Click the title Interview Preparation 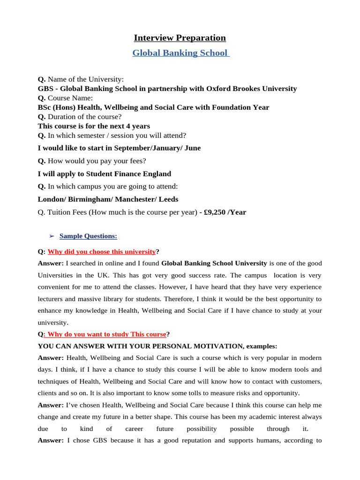click(180, 38)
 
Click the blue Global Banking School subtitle click(180, 53)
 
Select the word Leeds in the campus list click(169, 199)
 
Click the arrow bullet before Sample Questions click(52, 236)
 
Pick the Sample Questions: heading click(88, 236)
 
